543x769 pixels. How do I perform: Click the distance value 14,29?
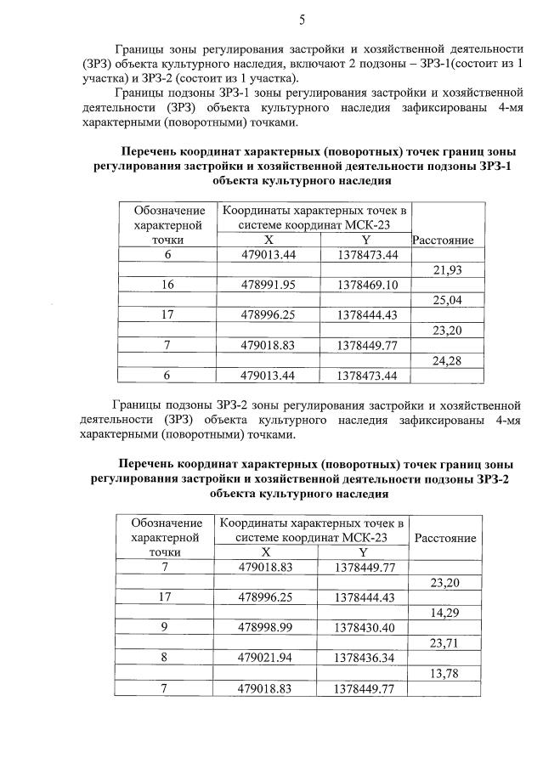(x=444, y=612)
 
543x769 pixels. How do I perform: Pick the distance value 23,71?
(x=444, y=643)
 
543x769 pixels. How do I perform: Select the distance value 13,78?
(x=444, y=674)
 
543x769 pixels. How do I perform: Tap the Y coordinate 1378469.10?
(x=367, y=286)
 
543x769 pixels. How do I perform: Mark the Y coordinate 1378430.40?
(x=365, y=628)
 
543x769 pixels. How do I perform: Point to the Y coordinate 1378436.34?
(x=365, y=659)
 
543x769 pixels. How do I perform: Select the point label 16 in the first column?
(x=167, y=286)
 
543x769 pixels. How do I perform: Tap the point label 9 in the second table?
(x=165, y=628)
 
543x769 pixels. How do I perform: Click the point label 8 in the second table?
(x=165, y=659)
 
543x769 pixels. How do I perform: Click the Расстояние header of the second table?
(x=444, y=538)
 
